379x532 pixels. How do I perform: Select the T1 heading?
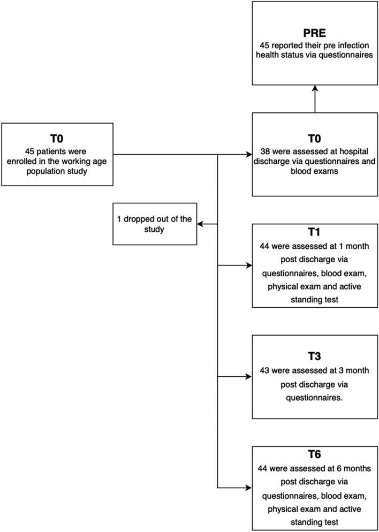(314, 233)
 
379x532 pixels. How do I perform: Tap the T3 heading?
(314, 355)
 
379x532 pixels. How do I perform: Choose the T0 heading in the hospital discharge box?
(314, 136)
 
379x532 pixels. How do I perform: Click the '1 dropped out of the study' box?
(154, 224)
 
